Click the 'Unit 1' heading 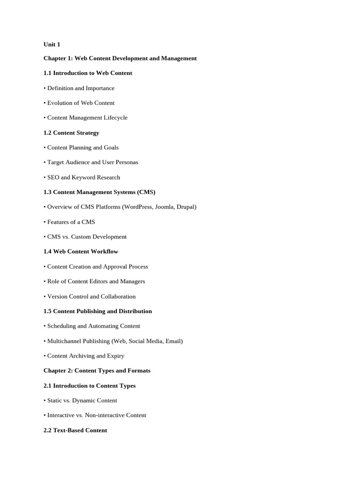[x=52, y=45]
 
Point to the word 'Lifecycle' [x=116, y=118]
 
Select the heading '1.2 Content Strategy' [x=71, y=133]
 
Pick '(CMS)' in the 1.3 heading [x=145, y=192]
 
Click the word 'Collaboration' [x=119, y=296]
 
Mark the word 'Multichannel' [x=65, y=341]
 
